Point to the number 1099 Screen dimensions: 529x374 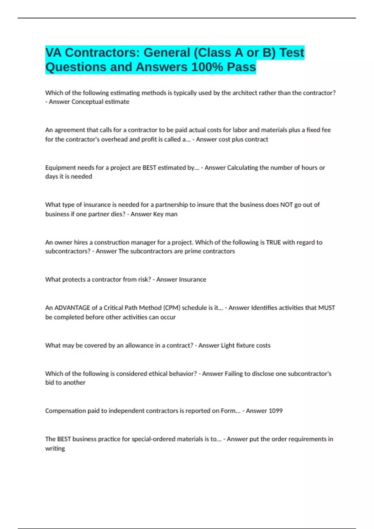click(x=276, y=411)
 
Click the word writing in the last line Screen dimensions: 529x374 click(x=55, y=448)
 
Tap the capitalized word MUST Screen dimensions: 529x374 click(x=326, y=308)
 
